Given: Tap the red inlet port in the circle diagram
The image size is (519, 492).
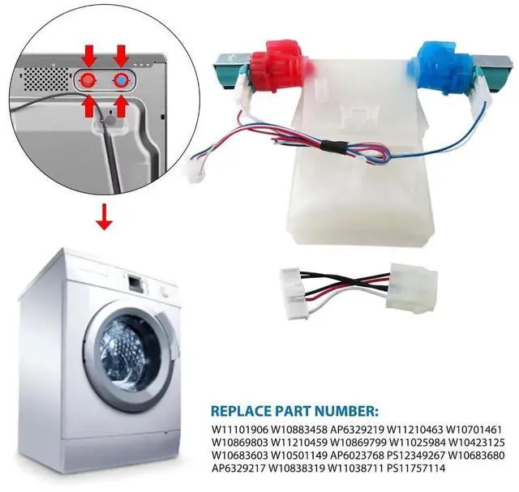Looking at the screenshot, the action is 89,80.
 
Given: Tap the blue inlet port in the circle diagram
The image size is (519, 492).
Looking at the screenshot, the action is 122,80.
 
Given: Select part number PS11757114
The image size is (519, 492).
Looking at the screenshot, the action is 416,468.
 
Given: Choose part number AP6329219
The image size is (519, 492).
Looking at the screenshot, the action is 357,430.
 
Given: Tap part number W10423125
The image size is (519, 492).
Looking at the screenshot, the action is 477,443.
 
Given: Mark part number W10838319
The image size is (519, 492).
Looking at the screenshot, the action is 299,468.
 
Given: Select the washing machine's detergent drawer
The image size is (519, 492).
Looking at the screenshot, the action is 135,281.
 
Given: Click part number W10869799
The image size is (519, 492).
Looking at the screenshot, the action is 358,443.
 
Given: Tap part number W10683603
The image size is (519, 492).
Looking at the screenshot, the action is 240,456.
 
